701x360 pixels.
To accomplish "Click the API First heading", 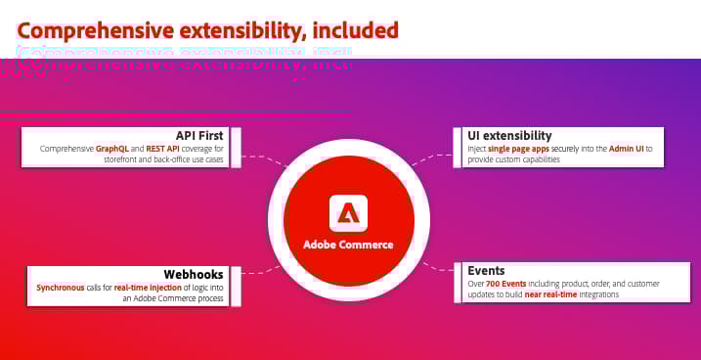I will point(200,135).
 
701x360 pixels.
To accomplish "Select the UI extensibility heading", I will point(509,135).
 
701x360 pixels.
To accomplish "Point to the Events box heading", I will point(486,270).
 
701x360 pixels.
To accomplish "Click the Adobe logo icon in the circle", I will point(348,212).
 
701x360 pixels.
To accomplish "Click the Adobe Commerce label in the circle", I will point(348,245).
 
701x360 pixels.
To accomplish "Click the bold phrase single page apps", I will point(519,148).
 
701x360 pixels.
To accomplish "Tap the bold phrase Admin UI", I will point(623,148).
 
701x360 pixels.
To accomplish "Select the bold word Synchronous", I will point(61,288).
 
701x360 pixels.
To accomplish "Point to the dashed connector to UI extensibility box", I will point(430,157).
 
